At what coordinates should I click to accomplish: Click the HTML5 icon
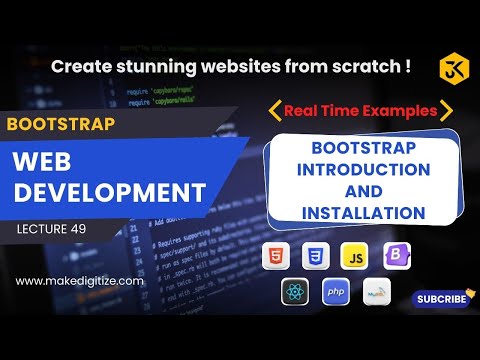(x=274, y=256)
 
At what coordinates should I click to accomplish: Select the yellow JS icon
(x=355, y=256)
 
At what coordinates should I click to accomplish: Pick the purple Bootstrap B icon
(x=396, y=256)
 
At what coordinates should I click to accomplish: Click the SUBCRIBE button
(x=441, y=298)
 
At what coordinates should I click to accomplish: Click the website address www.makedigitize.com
(x=80, y=281)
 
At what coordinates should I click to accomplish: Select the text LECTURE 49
(x=58, y=229)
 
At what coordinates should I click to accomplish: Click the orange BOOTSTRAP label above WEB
(x=60, y=125)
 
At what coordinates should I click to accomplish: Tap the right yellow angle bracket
(x=446, y=109)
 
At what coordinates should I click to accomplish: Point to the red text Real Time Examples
(x=360, y=109)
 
